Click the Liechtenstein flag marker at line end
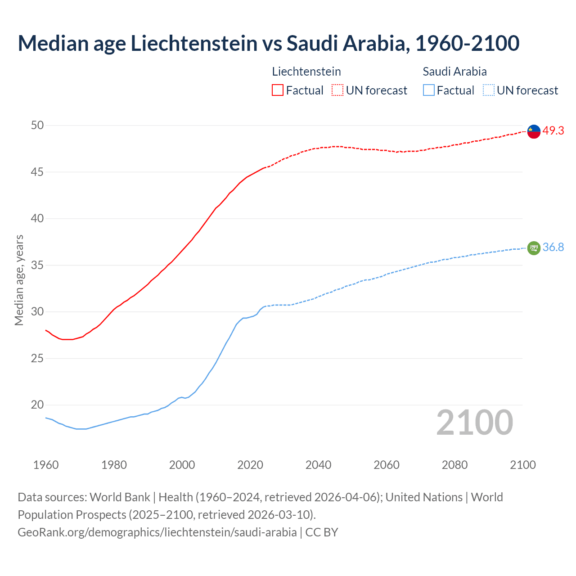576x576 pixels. (534, 131)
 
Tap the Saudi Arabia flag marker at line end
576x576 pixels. (534, 248)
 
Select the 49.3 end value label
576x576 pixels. (553, 131)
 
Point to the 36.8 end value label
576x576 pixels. (553, 247)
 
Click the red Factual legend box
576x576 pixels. (278, 90)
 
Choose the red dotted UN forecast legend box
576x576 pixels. (337, 90)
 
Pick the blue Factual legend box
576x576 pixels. (429, 90)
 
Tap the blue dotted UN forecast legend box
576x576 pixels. (488, 90)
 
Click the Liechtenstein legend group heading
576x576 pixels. (306, 72)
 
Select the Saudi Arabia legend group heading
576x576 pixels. (454, 72)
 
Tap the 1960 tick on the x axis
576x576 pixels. (46, 465)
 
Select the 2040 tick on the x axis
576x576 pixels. (318, 465)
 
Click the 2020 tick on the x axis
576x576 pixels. (250, 465)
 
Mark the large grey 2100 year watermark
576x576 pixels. (475, 423)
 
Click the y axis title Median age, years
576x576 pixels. (19, 280)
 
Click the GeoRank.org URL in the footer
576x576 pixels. (157, 532)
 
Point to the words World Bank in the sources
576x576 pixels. (120, 497)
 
